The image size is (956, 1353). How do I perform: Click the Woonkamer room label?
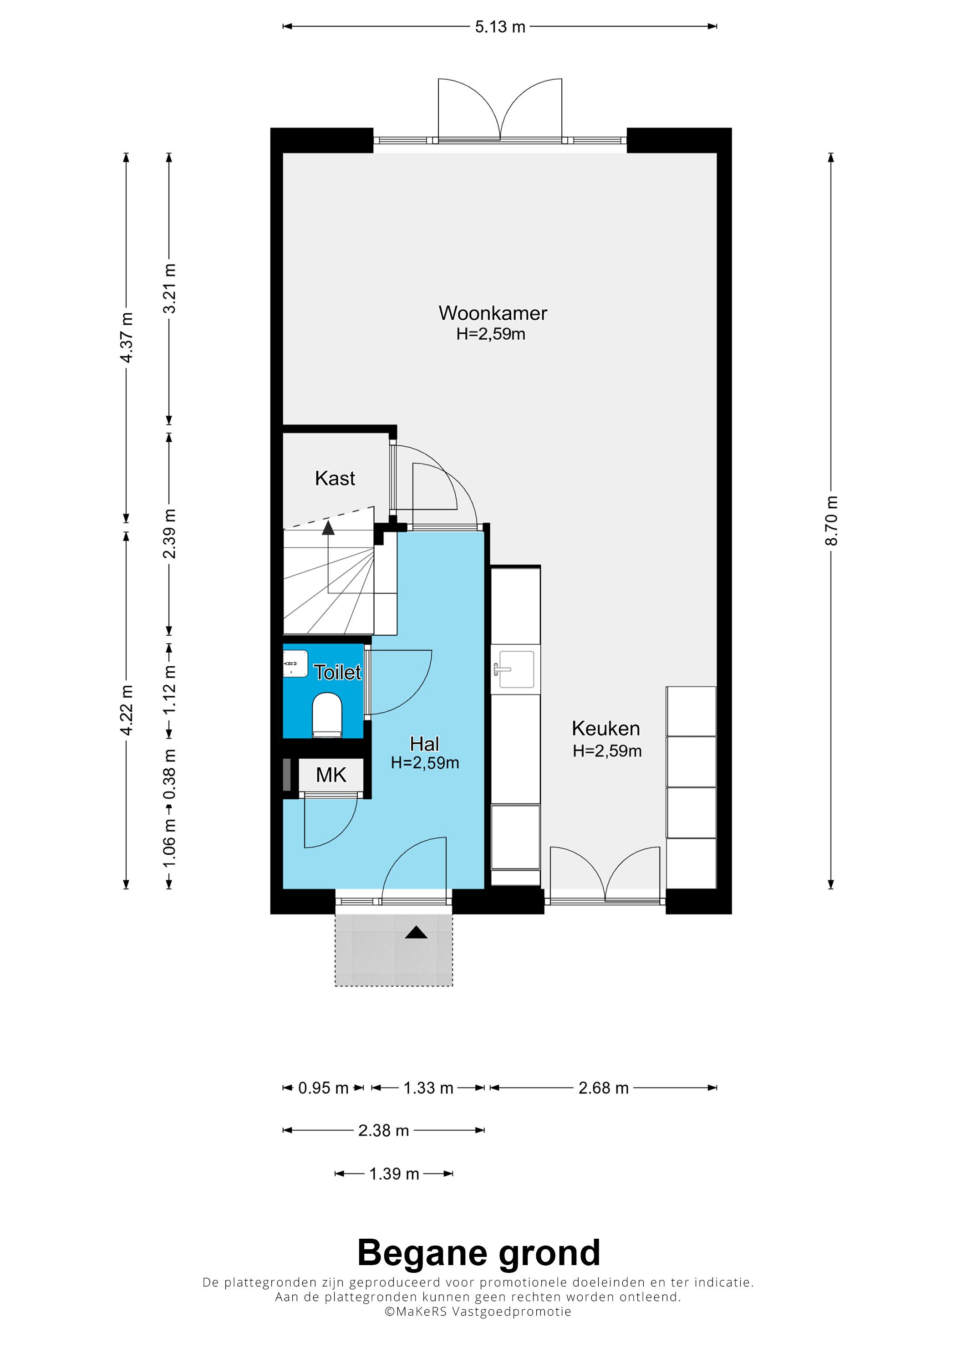pyautogui.click(x=493, y=313)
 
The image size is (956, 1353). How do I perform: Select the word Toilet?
pyautogui.click(x=337, y=672)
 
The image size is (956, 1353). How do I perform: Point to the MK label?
pyautogui.click(x=331, y=775)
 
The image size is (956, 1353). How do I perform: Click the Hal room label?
pyautogui.click(x=425, y=744)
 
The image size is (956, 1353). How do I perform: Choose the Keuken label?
pyautogui.click(x=605, y=729)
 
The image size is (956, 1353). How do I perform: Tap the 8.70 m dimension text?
pyautogui.click(x=831, y=521)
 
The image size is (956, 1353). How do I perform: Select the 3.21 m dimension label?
pyautogui.click(x=170, y=288)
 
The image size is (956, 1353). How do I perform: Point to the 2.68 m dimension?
pyautogui.click(x=604, y=1088)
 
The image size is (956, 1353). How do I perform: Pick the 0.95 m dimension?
pyautogui.click(x=323, y=1088)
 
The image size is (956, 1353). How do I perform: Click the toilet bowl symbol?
pyautogui.click(x=327, y=715)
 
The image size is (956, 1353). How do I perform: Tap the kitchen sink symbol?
pyautogui.click(x=516, y=669)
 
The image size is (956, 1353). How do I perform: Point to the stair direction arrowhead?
pyautogui.click(x=328, y=527)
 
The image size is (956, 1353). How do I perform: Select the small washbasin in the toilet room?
pyautogui.click(x=296, y=664)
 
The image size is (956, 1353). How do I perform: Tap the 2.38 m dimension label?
pyautogui.click(x=383, y=1130)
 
